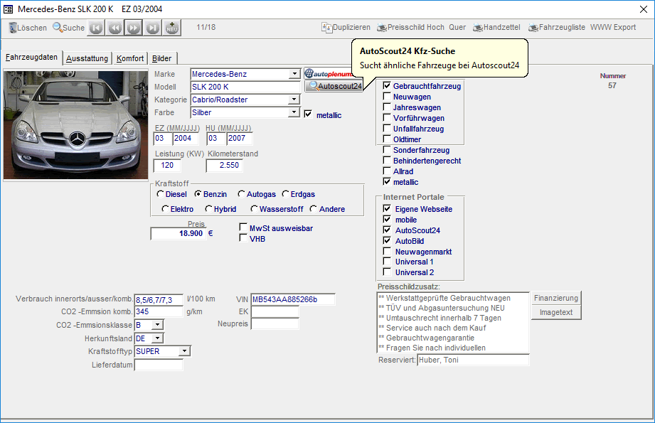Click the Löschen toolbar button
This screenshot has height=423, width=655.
click(x=28, y=28)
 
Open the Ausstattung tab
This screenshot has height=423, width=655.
click(x=87, y=58)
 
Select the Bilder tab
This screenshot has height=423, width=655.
click(x=161, y=58)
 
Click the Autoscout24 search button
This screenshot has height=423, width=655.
click(x=334, y=86)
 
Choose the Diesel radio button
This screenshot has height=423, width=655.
click(x=161, y=194)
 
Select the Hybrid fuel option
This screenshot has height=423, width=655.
click(x=208, y=209)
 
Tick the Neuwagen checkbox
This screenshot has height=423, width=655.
click(x=387, y=97)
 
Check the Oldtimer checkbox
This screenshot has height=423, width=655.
click(x=387, y=139)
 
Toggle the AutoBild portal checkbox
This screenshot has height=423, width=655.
click(x=387, y=241)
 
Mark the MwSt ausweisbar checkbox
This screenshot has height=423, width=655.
click(x=243, y=228)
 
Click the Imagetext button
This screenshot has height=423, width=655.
click(x=556, y=313)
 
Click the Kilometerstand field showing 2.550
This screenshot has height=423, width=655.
click(x=225, y=166)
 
